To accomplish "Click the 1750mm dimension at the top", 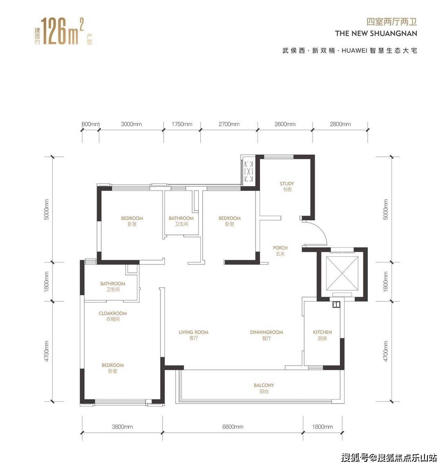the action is (x=182, y=124).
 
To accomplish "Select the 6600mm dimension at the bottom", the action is (x=233, y=427).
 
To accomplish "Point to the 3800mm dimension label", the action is (x=122, y=427).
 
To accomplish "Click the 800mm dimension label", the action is (x=90, y=124).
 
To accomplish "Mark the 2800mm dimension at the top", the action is (x=340, y=124).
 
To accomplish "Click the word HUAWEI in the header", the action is (x=354, y=51).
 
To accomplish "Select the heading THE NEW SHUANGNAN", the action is (x=376, y=33).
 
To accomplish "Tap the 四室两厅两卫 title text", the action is (x=392, y=22).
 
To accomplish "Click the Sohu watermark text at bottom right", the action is (x=389, y=457).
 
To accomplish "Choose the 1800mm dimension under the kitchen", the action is (x=323, y=427).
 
